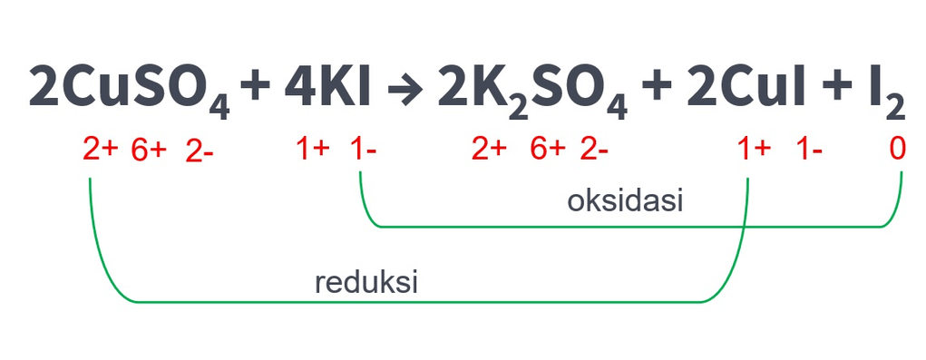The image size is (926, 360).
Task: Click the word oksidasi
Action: click(x=625, y=200)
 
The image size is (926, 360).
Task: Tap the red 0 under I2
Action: click(x=897, y=150)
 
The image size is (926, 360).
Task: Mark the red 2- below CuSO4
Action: click(x=200, y=151)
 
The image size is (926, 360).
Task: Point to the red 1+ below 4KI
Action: click(x=313, y=150)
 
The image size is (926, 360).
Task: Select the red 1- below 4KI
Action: click(x=364, y=150)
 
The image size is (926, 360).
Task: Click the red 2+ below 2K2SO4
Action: click(x=489, y=150)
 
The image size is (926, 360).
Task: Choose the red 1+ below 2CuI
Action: click(x=754, y=150)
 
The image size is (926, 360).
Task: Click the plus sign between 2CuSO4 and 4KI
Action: click(x=257, y=88)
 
